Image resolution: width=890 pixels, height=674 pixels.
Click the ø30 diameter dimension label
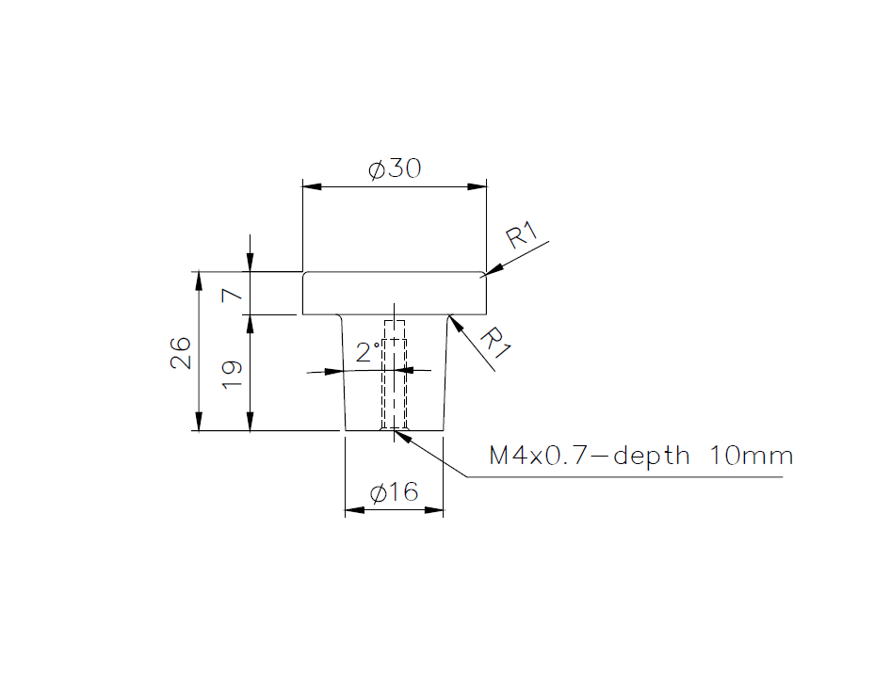(395, 169)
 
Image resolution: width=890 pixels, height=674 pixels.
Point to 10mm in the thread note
(752, 457)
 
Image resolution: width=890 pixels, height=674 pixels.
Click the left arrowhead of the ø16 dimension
(354, 510)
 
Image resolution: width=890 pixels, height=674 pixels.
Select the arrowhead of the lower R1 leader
(455, 323)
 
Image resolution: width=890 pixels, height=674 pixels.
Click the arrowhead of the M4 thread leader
(405, 434)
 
